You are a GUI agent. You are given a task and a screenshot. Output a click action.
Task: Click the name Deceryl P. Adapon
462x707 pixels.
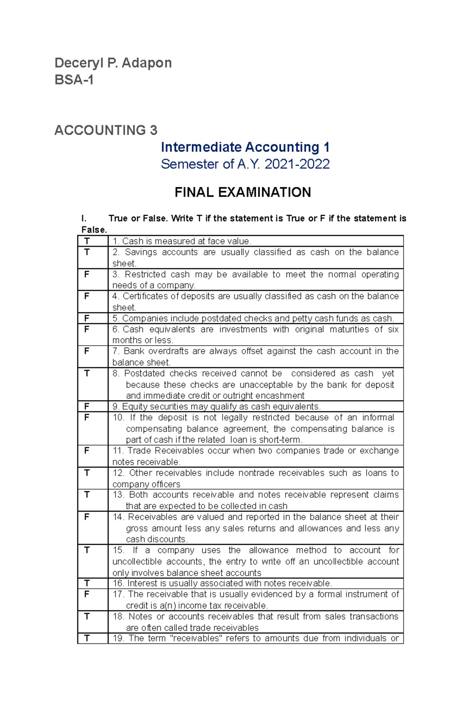point(113,63)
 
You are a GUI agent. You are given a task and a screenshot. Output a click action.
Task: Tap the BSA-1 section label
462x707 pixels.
point(74,80)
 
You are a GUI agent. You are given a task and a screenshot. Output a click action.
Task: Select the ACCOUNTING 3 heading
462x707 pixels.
point(106,130)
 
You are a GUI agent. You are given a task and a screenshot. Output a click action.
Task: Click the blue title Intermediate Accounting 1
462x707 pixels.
point(245,147)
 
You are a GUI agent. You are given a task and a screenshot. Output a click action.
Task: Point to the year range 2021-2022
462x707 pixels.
point(297,165)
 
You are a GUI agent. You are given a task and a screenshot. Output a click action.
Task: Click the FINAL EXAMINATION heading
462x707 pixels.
point(243,192)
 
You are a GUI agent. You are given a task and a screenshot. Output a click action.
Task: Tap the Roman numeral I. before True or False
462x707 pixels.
point(84,219)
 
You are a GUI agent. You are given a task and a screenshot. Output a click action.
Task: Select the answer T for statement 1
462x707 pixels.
point(87,241)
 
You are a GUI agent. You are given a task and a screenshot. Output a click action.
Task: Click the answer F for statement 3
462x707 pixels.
point(87,274)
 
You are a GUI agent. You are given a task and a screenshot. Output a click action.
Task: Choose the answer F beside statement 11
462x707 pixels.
point(87,451)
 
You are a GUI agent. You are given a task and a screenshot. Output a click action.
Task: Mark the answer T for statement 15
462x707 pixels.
point(87,550)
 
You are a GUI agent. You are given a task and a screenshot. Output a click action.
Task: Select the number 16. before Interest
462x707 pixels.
point(119,583)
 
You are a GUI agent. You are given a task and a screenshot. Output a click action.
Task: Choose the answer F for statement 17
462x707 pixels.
point(87,594)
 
